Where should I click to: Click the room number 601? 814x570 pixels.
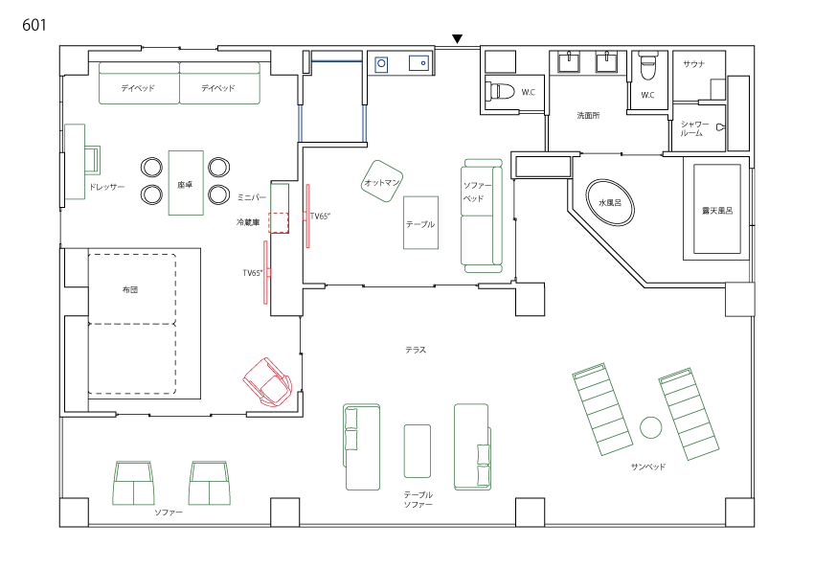tap(34, 24)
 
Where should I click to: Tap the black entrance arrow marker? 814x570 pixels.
tap(457, 39)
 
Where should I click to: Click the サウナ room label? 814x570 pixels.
tap(694, 64)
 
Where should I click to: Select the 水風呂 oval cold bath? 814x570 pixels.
tap(610, 202)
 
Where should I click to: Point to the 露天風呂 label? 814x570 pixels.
tap(717, 211)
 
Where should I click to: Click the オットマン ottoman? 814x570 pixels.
tap(382, 181)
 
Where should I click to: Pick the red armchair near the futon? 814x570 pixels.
tap(268, 382)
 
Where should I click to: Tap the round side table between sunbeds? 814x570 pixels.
tap(650, 427)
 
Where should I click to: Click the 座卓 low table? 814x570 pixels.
tap(186, 183)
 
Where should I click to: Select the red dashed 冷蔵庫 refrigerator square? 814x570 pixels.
tap(279, 222)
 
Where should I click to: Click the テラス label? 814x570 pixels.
tap(416, 350)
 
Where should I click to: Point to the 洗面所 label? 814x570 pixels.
tap(588, 115)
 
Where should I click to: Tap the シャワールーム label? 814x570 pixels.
tap(694, 128)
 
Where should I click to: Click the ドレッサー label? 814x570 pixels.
tap(106, 187)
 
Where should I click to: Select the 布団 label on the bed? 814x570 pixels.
tap(130, 289)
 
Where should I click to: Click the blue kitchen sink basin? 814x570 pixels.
tap(418, 63)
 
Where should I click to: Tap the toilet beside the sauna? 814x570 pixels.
tap(647, 66)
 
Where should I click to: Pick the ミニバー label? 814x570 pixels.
tap(252, 197)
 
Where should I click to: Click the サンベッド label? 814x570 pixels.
tap(648, 467)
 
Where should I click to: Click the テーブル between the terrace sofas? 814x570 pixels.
tap(418, 451)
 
